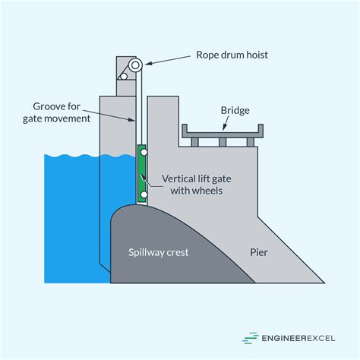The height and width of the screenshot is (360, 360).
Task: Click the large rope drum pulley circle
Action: click(x=136, y=66)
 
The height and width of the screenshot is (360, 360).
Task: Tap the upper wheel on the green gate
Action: click(x=143, y=153)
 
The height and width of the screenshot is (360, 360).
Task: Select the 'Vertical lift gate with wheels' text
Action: click(x=193, y=185)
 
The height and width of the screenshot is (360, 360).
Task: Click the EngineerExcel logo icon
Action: click(x=249, y=339)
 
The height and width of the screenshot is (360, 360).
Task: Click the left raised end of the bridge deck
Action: click(x=183, y=131)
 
